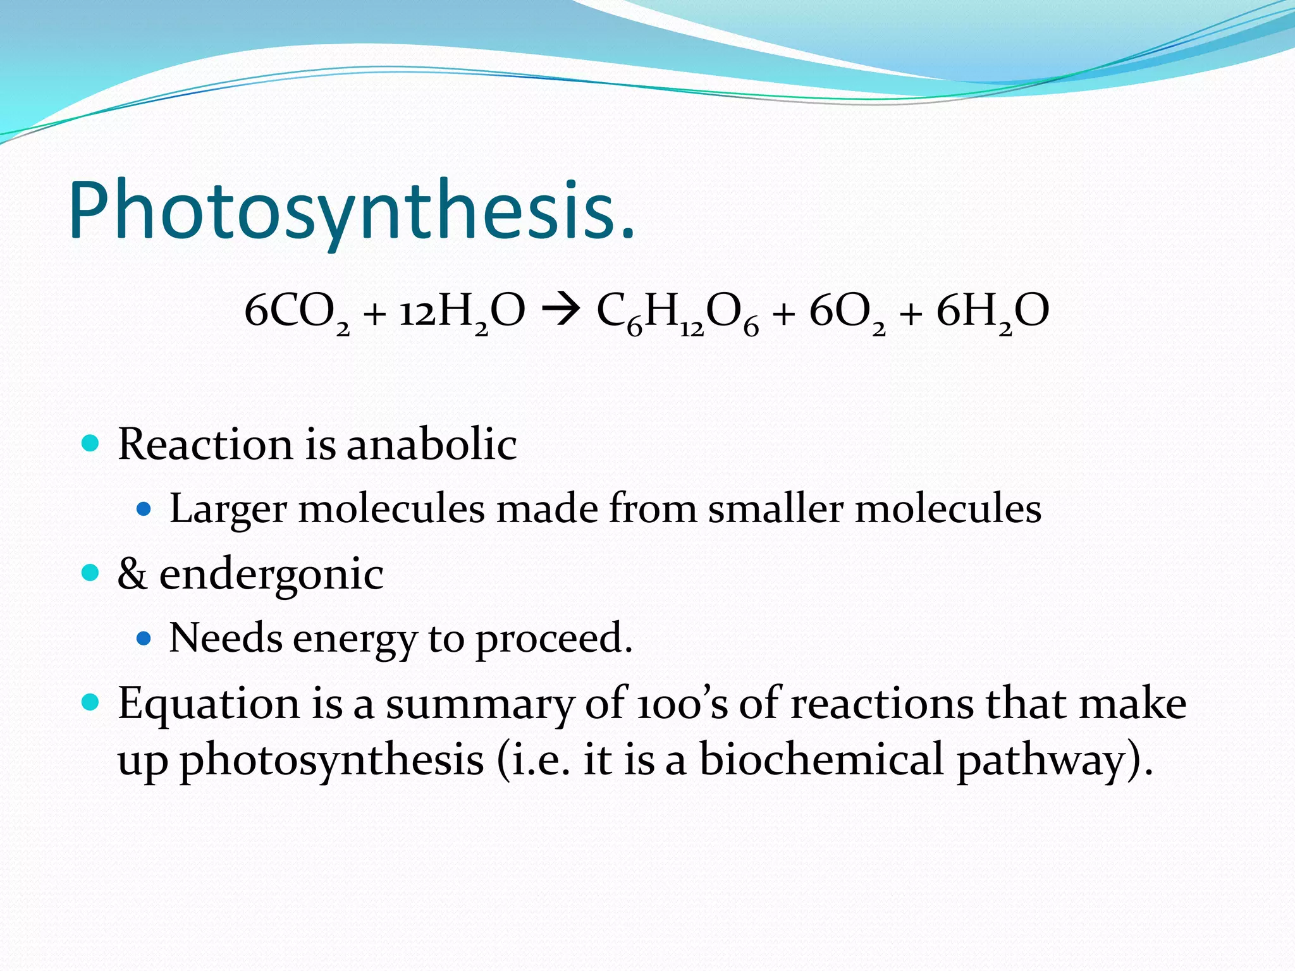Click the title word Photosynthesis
tap(352, 210)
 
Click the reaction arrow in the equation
tap(560, 310)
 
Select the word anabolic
tap(431, 444)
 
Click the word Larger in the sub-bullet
tap(228, 509)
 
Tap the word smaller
tap(775, 508)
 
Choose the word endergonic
tap(271, 575)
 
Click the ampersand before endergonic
tap(132, 574)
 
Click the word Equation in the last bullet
tap(209, 704)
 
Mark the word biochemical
tap(821, 759)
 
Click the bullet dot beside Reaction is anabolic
tap(91, 443)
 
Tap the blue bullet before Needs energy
tap(144, 638)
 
